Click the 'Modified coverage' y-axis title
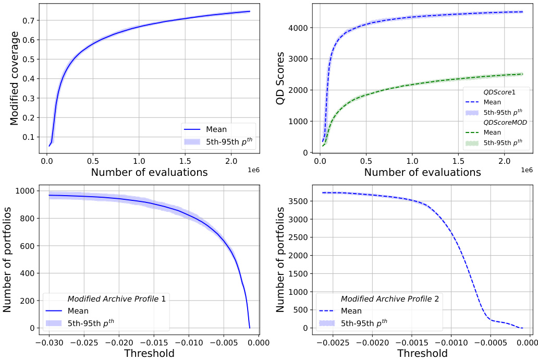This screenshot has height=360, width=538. [x=15, y=78]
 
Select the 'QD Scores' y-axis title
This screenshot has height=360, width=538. [x=280, y=78]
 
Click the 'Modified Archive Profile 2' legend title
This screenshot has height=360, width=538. [x=390, y=299]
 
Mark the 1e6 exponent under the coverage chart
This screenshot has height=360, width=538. [x=254, y=170]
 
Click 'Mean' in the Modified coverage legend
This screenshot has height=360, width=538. [x=216, y=128]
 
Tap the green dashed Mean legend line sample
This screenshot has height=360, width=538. [x=473, y=133]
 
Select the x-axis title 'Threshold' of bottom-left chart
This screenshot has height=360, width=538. [x=149, y=353]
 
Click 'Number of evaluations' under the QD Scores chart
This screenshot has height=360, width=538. [x=422, y=172]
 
